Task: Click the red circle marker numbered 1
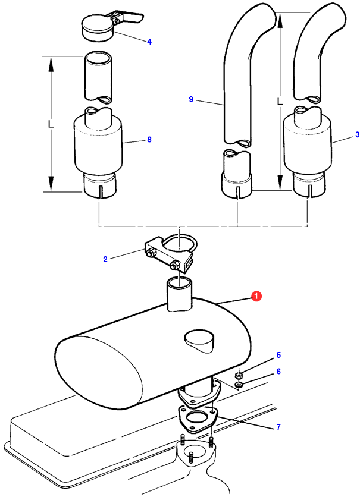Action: pyautogui.click(x=256, y=297)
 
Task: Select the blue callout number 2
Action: pyautogui.click(x=105, y=259)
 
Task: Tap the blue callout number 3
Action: pyautogui.click(x=357, y=135)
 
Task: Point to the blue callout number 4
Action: pyautogui.click(x=149, y=42)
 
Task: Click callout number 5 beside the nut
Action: pyautogui.click(x=278, y=355)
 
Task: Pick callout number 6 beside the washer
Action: pyautogui.click(x=278, y=371)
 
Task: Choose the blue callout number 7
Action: pyautogui.click(x=278, y=427)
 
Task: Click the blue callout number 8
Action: pyautogui.click(x=149, y=140)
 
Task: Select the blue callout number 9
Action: pyautogui.click(x=191, y=99)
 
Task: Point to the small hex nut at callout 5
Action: pyautogui.click(x=238, y=376)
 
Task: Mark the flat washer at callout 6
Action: pyautogui.click(x=239, y=385)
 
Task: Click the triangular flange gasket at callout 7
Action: pyautogui.click(x=198, y=419)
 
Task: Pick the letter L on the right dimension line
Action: pyautogui.click(x=280, y=102)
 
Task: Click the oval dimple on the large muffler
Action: pyautogui.click(x=199, y=341)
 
